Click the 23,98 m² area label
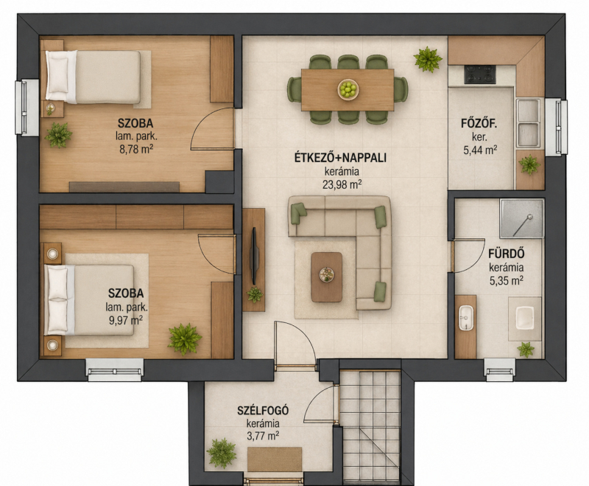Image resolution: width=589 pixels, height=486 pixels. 342,184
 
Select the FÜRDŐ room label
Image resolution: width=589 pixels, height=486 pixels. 507,254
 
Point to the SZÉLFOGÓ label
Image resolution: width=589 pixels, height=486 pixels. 263,410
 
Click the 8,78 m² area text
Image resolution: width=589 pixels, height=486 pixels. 136,149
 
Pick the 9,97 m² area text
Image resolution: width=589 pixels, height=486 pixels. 126,321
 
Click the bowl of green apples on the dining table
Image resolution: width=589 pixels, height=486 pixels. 348,89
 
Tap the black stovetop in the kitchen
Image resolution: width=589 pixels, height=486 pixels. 480,74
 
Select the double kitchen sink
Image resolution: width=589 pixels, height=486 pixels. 529,123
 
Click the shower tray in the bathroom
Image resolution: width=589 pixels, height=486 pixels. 522,218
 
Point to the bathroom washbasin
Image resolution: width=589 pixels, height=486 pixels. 466,319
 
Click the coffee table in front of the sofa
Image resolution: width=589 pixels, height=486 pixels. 327,277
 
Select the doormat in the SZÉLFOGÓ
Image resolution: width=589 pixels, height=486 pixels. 275,459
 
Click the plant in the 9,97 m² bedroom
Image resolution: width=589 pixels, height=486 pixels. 185,339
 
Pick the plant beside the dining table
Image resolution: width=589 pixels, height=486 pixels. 428,59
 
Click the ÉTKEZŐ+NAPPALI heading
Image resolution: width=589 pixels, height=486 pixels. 340,158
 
